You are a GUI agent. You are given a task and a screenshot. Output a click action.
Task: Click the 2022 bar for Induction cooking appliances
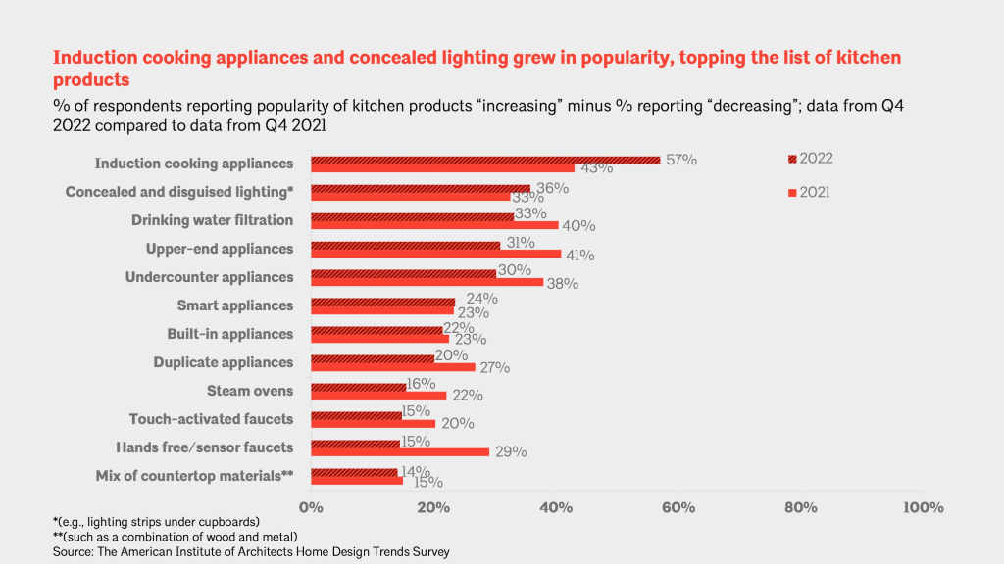point(485,160)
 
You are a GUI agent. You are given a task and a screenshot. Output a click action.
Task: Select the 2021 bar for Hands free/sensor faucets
point(400,452)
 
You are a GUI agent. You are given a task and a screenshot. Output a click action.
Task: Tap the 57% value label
point(680,159)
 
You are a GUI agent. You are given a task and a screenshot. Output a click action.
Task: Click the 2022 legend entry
point(810,158)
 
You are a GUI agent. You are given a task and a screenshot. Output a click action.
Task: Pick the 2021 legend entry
point(810,193)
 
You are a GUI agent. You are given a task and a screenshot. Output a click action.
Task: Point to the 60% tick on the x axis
point(678,507)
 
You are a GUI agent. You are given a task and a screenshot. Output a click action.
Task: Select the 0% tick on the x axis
point(311,507)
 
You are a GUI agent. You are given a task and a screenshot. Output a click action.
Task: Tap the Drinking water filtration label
point(213,220)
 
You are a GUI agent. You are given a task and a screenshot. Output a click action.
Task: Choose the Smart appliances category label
point(234,305)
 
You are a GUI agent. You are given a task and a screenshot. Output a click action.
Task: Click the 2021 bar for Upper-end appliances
point(436,254)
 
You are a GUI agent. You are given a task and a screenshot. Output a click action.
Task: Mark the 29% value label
point(511,452)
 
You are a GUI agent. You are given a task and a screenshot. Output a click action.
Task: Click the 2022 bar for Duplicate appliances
point(373,358)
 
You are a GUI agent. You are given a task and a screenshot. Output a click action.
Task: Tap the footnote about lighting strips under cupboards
point(156,521)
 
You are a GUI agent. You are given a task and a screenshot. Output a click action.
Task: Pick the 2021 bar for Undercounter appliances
point(427,282)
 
